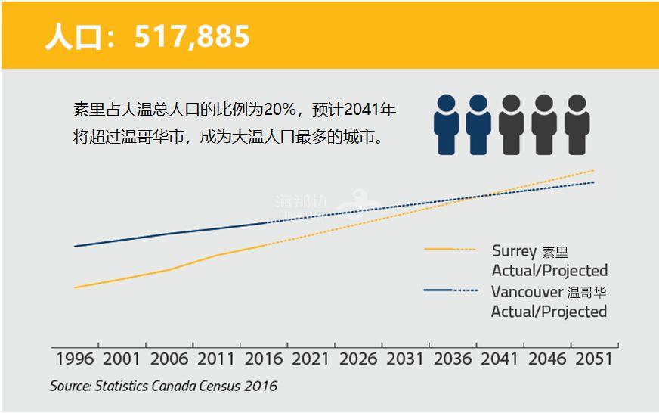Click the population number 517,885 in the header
pos(192,36)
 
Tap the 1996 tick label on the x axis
pos(75,358)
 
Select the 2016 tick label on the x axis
pos(264,358)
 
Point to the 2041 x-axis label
pos(500,358)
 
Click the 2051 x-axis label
pos(594,358)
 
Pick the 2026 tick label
pos(358,358)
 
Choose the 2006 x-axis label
pos(169,358)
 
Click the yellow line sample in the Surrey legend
pos(450,249)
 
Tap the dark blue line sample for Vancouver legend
pos(450,290)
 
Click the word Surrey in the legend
pos(514,251)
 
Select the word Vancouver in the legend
pos(527,292)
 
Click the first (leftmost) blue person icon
pos(446,124)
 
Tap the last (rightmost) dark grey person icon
pos(576,124)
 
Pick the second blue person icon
pos(478,124)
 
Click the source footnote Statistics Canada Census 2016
pos(164,386)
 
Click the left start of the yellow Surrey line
pos(75,287)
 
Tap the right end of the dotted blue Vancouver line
pos(594,182)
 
